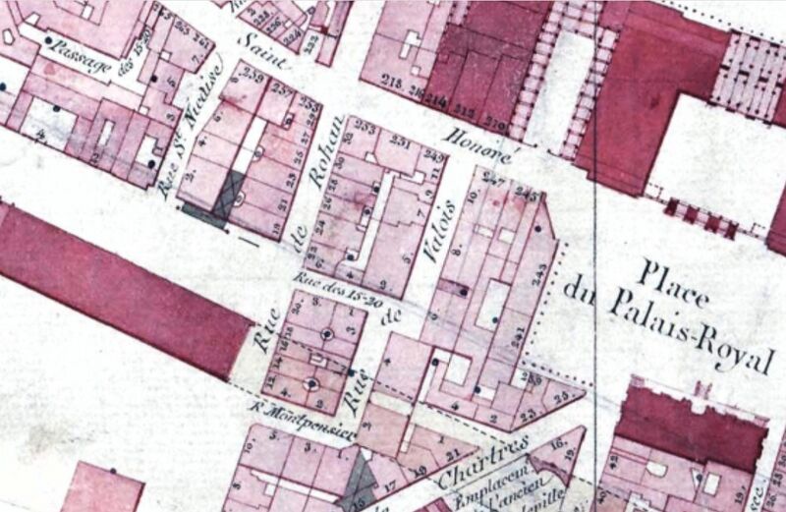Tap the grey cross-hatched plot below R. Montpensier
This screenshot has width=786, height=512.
pos(360,481)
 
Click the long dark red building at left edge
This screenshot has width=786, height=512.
pos(118,285)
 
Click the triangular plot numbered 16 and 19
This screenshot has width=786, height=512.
pos(561,453)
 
